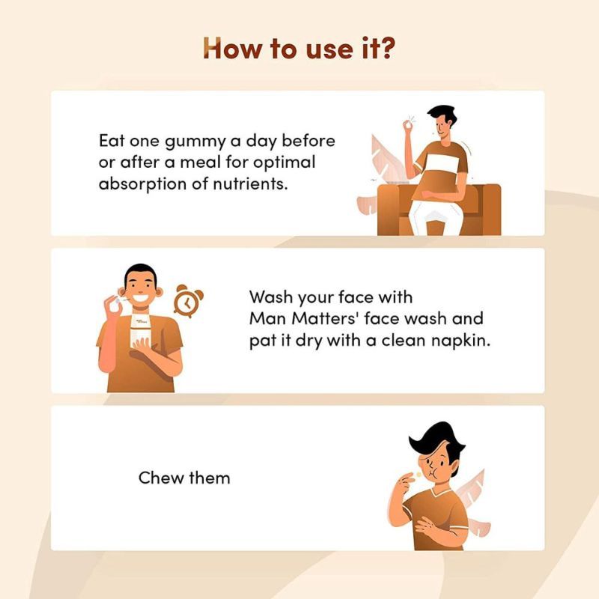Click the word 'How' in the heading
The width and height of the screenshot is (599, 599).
(x=233, y=49)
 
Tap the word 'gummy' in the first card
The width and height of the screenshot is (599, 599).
(x=195, y=142)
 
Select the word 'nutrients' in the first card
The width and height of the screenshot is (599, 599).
(x=249, y=184)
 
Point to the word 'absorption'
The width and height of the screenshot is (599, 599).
(x=142, y=185)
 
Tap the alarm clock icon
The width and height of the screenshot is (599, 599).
(x=189, y=301)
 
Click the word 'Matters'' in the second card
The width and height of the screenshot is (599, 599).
(x=326, y=318)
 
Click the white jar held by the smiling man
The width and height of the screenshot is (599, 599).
(x=139, y=330)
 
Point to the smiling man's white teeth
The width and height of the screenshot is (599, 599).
(x=140, y=297)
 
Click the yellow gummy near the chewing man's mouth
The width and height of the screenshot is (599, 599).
(x=419, y=475)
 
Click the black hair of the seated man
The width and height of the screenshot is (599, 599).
(x=443, y=114)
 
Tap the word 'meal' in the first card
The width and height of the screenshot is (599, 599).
(x=201, y=163)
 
